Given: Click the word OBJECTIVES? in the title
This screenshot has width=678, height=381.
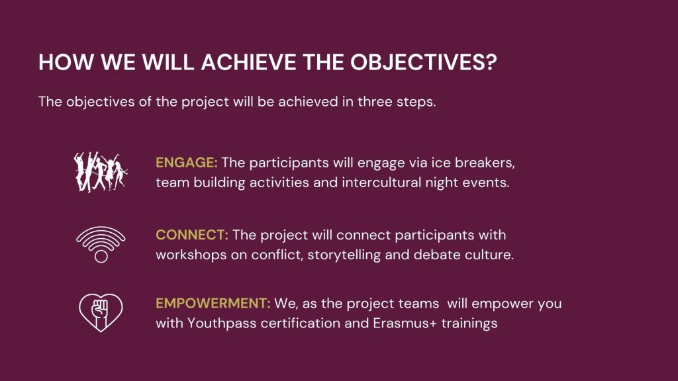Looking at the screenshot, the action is pos(423,62).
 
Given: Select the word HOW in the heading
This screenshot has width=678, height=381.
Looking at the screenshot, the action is pos(66,62).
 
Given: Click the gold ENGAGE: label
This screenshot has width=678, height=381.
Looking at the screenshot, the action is pos(186,163).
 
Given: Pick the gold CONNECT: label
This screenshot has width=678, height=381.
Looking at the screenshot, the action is pos(191,235).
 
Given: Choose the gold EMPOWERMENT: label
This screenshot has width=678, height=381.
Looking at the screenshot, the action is pos(213,303).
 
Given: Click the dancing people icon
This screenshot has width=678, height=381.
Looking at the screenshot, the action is pos(101,172).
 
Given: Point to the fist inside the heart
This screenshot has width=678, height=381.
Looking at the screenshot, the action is pos(100,311).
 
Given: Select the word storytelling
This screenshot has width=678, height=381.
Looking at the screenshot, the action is pos(344,255).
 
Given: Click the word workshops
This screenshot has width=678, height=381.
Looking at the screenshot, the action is pos(191,255).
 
